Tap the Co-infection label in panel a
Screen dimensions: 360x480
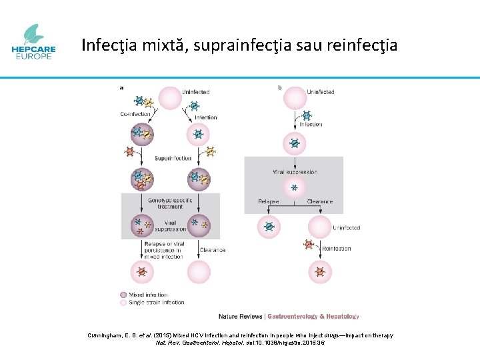pos(135,114)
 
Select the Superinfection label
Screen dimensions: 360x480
pos(173,158)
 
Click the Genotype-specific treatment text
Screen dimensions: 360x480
pos(170,203)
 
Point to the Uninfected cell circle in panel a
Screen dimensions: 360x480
pos(170,97)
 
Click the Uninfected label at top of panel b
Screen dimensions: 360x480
pos(321,92)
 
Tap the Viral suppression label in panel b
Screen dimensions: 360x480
pos(294,172)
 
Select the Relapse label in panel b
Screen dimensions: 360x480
pos(269,201)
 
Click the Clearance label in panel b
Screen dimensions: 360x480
pos(320,201)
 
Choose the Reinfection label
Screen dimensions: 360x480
pos(337,248)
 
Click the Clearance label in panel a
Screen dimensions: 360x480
pos(213,250)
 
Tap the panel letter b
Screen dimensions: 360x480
pos(279,87)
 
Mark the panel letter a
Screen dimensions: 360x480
pos(121,87)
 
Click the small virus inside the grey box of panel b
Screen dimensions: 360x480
pos(294,187)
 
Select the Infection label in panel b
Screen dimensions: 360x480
pos(311,124)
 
